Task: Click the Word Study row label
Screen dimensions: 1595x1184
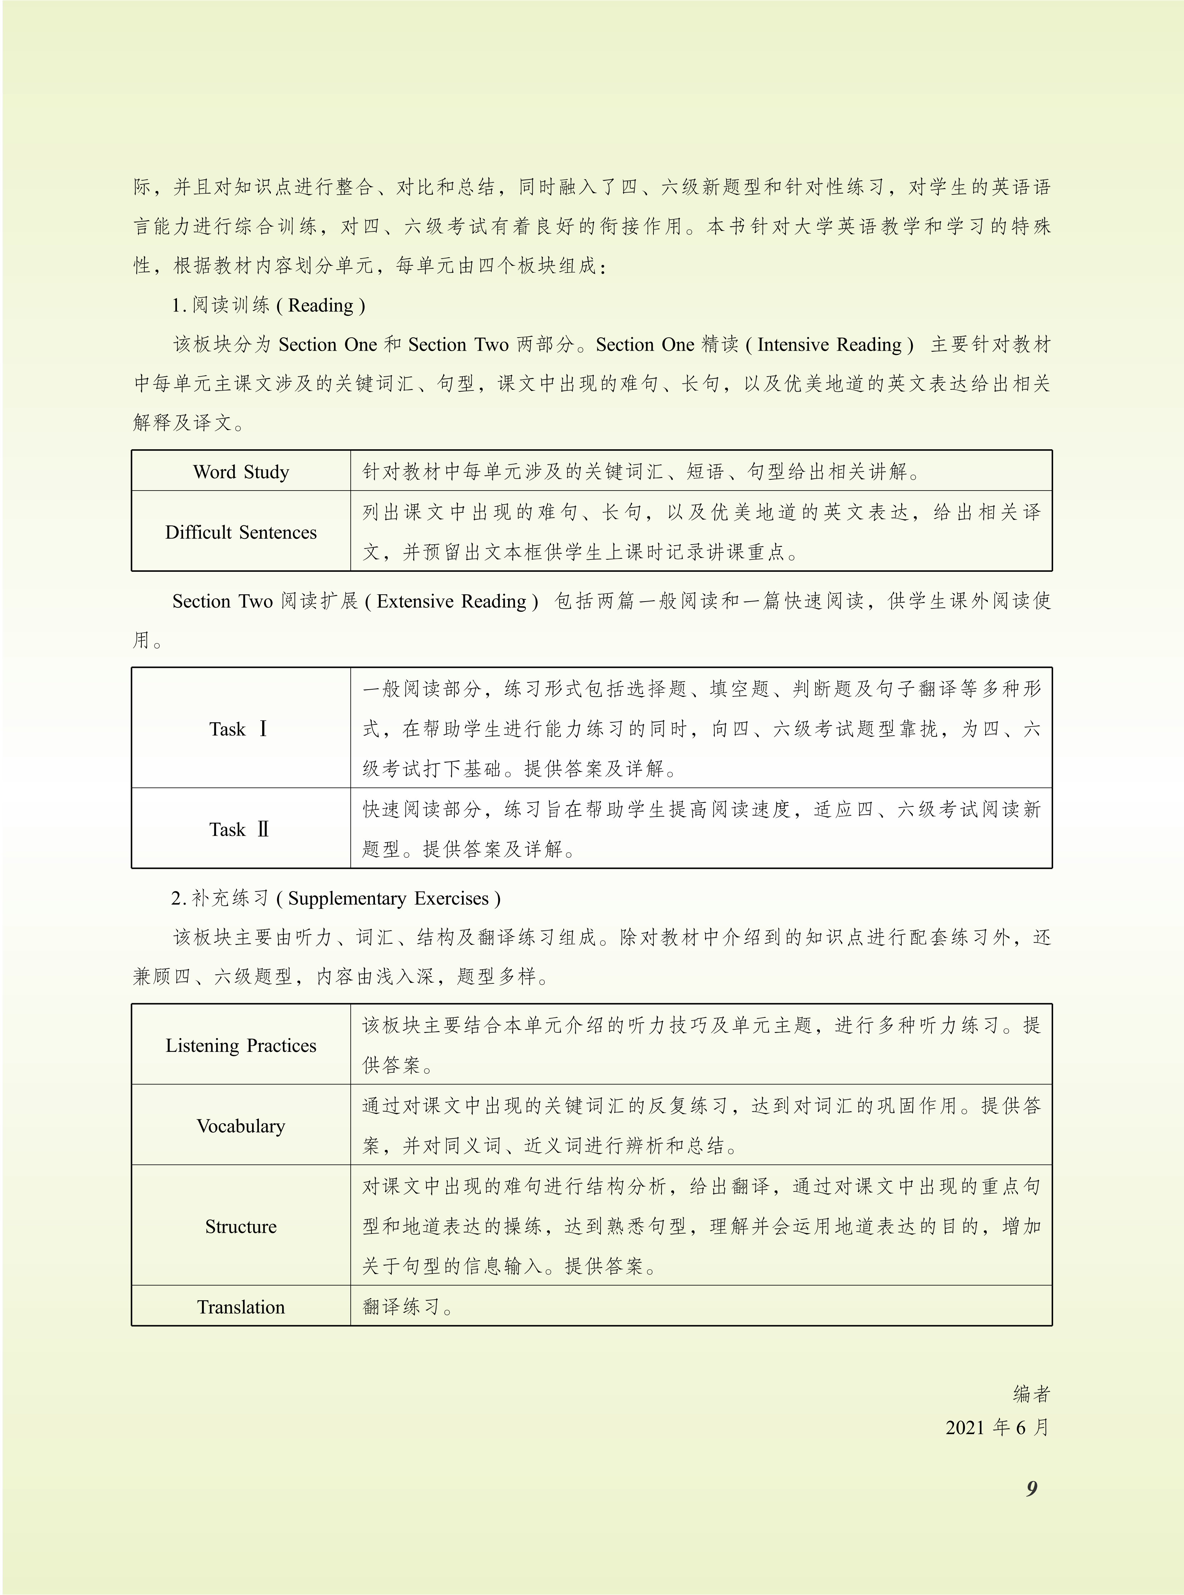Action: (241, 471)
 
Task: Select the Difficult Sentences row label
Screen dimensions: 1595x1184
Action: (241, 532)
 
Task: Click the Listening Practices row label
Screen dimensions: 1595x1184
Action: (241, 1045)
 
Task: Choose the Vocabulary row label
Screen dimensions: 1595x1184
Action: (241, 1126)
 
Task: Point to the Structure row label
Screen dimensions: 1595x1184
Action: (241, 1226)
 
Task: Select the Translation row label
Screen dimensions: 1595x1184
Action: (241, 1306)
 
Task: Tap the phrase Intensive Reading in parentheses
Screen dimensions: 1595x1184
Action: (829, 345)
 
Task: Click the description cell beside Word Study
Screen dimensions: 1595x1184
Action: (641, 471)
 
